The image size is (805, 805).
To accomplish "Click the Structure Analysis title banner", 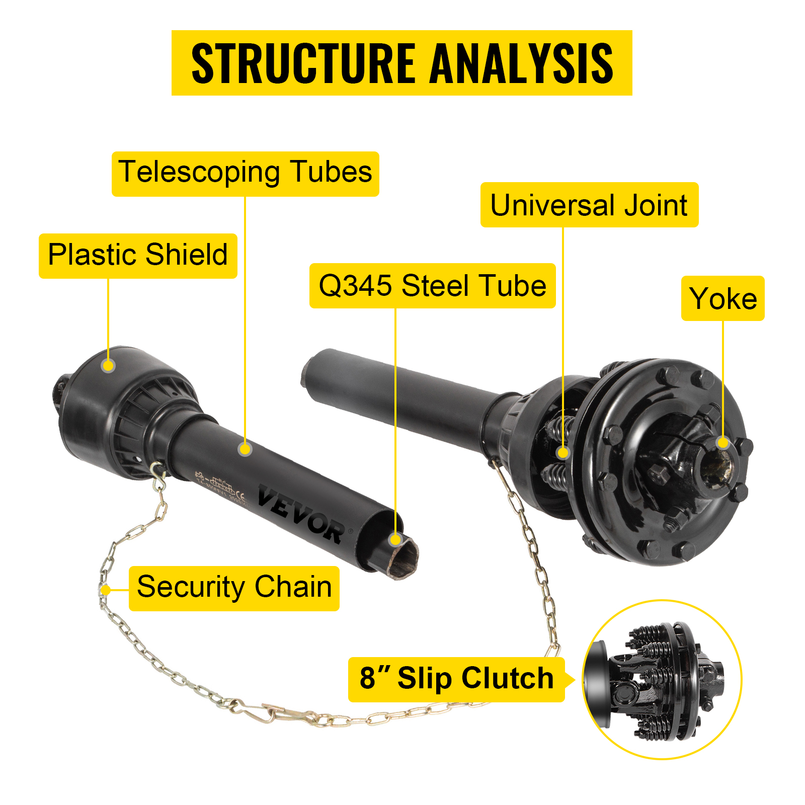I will (x=401, y=63).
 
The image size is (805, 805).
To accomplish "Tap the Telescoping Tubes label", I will (x=245, y=174).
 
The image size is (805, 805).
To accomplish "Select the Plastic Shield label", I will (x=138, y=256).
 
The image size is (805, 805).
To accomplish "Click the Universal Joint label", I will (x=589, y=205).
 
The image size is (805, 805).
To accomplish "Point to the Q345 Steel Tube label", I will (x=432, y=286).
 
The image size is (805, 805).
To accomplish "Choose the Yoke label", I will (x=722, y=298).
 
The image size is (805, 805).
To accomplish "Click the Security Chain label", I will (x=234, y=588).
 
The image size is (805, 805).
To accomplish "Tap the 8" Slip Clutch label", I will (x=456, y=679).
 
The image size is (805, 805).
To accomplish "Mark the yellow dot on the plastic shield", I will (x=108, y=366).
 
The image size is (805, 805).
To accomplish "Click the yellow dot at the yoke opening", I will (x=723, y=442).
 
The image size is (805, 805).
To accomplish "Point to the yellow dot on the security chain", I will (x=106, y=590).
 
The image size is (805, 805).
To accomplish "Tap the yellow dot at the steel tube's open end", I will (x=395, y=540).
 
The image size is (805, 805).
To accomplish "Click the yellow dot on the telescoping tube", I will (x=245, y=449).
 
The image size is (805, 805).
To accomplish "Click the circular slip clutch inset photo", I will (x=662, y=679).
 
